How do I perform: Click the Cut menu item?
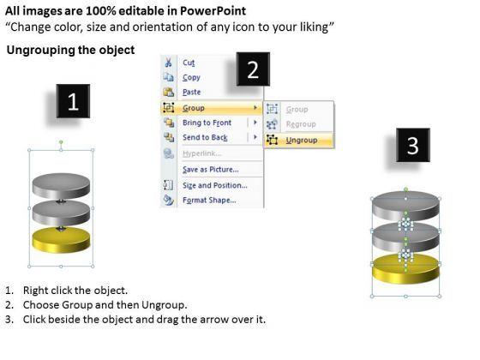pyautogui.click(x=189, y=63)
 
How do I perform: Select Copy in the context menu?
pyautogui.click(x=191, y=77)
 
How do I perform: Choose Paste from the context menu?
pyautogui.click(x=192, y=92)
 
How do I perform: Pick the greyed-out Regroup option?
pyautogui.click(x=301, y=124)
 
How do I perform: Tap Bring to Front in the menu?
pyautogui.click(x=207, y=123)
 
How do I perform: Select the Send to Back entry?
pyautogui.click(x=205, y=137)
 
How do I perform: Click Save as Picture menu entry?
pyautogui.click(x=211, y=170)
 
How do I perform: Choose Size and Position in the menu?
pyautogui.click(x=215, y=185)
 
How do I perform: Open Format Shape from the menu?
pyautogui.click(x=209, y=201)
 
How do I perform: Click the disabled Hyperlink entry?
pyautogui.click(x=201, y=153)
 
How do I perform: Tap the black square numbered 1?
pyautogui.click(x=73, y=101)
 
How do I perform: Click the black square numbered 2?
pyautogui.click(x=253, y=69)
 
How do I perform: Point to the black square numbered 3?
pyautogui.click(x=413, y=145)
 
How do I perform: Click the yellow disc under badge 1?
pyautogui.click(x=61, y=240)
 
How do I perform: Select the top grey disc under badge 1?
pyautogui.click(x=61, y=186)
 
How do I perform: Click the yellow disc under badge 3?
pyautogui.click(x=406, y=269)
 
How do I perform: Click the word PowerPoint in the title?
pyautogui.click(x=213, y=11)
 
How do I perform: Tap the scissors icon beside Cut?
pyautogui.click(x=168, y=62)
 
